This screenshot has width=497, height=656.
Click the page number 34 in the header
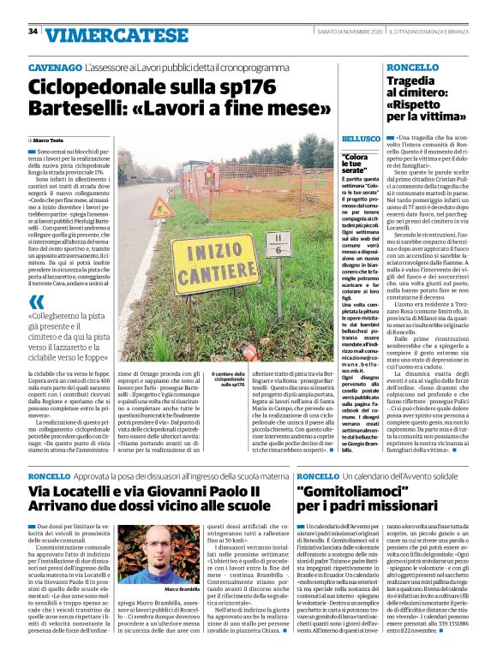33,32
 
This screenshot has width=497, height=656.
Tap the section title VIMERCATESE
102,34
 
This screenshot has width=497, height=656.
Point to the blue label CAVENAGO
54,66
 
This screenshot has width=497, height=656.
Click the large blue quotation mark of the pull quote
37,302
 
